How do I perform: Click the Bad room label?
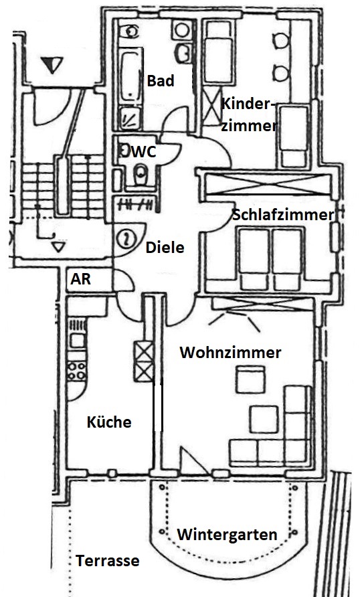click(x=161, y=81)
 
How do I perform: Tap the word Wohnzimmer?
click(x=231, y=353)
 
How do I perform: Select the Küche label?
click(x=109, y=422)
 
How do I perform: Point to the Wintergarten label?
click(x=228, y=535)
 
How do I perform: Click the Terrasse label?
click(x=108, y=561)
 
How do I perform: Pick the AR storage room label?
click(x=81, y=280)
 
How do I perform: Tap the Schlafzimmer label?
click(x=283, y=215)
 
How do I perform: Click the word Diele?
click(x=165, y=248)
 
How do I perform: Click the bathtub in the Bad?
click(x=130, y=77)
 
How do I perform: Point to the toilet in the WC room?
click(x=141, y=175)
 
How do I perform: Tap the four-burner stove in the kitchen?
click(x=76, y=371)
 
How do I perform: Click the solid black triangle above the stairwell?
click(x=52, y=65)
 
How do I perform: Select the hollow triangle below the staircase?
click(x=58, y=247)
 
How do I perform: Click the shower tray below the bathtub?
click(x=130, y=118)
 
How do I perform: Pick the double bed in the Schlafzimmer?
click(x=271, y=259)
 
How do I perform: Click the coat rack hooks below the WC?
click(x=137, y=205)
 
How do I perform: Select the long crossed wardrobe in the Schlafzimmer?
click(x=268, y=184)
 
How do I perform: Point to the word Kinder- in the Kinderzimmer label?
click(x=248, y=104)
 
